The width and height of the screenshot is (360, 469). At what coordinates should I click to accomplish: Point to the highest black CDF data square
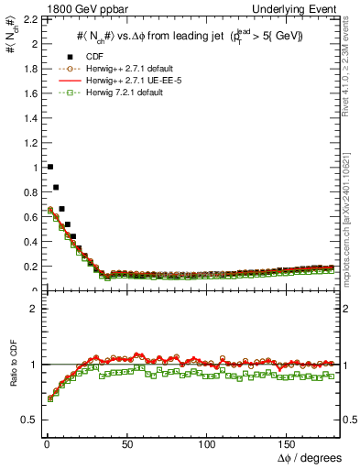[49, 167]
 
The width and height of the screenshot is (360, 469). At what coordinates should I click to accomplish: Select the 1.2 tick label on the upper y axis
[28, 143]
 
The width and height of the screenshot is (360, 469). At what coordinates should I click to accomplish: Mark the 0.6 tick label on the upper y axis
[28, 217]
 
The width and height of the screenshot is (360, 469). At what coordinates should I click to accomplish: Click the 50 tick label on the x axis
[127, 444]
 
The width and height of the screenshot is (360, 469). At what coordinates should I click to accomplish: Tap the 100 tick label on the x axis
[207, 444]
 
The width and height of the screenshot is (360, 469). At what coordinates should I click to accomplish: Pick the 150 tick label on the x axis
[288, 444]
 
